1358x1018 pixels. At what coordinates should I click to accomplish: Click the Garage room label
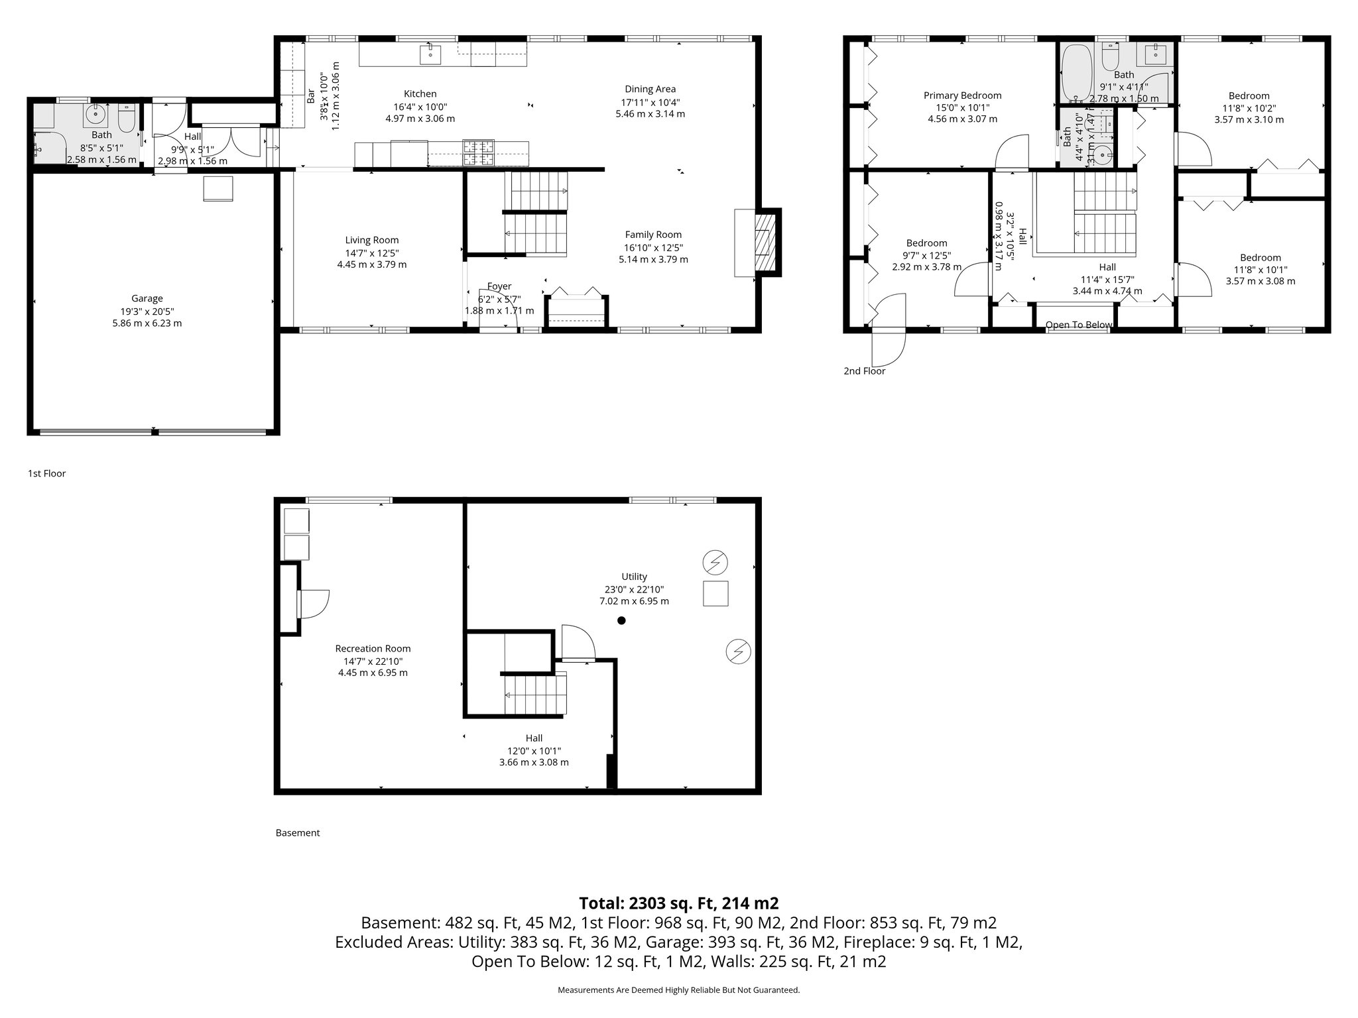click(147, 299)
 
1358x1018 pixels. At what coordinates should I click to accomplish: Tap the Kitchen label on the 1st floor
click(420, 94)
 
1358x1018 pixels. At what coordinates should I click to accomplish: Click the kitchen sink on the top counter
click(430, 54)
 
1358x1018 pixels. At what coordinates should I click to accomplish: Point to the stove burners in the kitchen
click(478, 152)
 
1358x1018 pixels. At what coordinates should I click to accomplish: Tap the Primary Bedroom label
click(962, 95)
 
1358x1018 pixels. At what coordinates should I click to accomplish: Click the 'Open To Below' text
click(1079, 325)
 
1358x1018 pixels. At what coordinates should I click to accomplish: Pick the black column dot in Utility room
click(621, 620)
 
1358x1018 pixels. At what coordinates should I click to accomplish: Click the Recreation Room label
click(373, 649)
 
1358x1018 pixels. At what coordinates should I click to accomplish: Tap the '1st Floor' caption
click(46, 473)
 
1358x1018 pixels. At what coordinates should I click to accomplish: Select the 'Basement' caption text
click(297, 832)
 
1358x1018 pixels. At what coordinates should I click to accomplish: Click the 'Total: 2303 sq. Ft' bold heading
click(678, 903)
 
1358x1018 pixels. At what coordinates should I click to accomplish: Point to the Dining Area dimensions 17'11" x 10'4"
click(650, 102)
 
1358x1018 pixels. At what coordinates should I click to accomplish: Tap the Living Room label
click(371, 240)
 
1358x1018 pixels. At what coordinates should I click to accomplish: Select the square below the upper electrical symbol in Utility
click(715, 593)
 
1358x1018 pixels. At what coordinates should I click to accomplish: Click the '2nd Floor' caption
click(864, 371)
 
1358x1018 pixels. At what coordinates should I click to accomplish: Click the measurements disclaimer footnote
click(678, 990)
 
